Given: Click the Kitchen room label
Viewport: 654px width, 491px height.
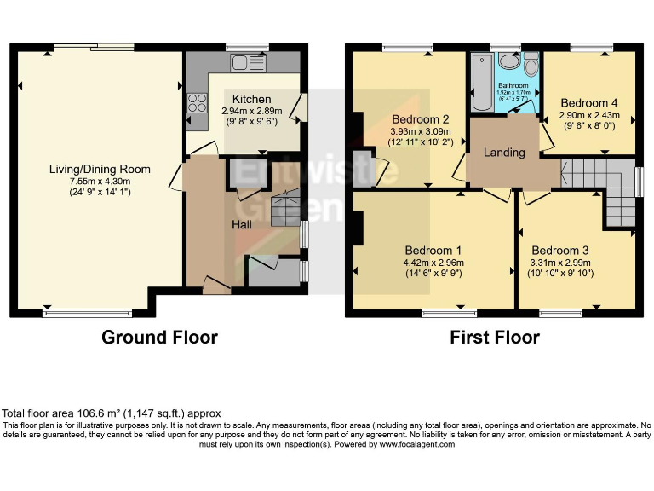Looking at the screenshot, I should click(251, 100).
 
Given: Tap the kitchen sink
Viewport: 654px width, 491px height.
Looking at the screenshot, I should click(249, 62).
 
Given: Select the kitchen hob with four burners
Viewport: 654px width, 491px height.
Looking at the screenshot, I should click(198, 103).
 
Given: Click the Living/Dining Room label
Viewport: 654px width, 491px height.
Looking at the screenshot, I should click(99, 169).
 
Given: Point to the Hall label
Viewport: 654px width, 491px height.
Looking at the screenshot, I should click(244, 223).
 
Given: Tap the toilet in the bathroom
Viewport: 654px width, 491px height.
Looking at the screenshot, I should click(531, 66).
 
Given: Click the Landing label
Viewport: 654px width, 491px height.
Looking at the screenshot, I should click(504, 153).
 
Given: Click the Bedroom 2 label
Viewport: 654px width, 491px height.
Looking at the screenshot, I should click(421, 118).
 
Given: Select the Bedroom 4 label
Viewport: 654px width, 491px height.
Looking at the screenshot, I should click(589, 102).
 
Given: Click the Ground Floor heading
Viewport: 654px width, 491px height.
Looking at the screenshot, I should click(159, 338).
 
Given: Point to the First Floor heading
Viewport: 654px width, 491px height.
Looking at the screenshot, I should click(494, 338).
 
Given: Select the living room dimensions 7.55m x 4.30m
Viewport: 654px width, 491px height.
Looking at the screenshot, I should click(99, 181).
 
